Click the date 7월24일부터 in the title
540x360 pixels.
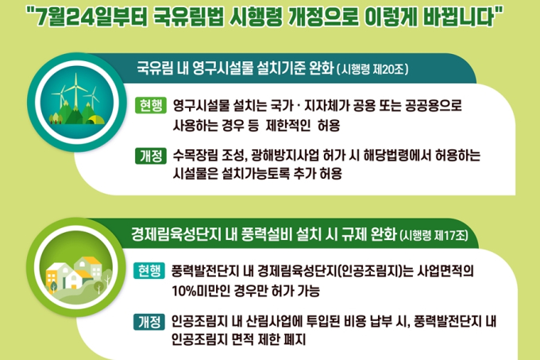pos(91,17)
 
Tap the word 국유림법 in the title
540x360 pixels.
pos(187,17)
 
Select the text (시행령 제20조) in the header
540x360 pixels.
pos(372,69)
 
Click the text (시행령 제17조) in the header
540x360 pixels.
pos(434,236)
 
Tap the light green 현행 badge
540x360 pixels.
pos(151,105)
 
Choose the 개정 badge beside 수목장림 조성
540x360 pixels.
pos(151,156)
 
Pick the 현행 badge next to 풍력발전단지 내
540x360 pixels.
pos(149,271)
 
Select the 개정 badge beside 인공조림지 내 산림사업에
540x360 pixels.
pos(149,322)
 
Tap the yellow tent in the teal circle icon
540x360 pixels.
pos(95,119)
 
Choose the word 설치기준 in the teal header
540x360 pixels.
pos(281,68)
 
